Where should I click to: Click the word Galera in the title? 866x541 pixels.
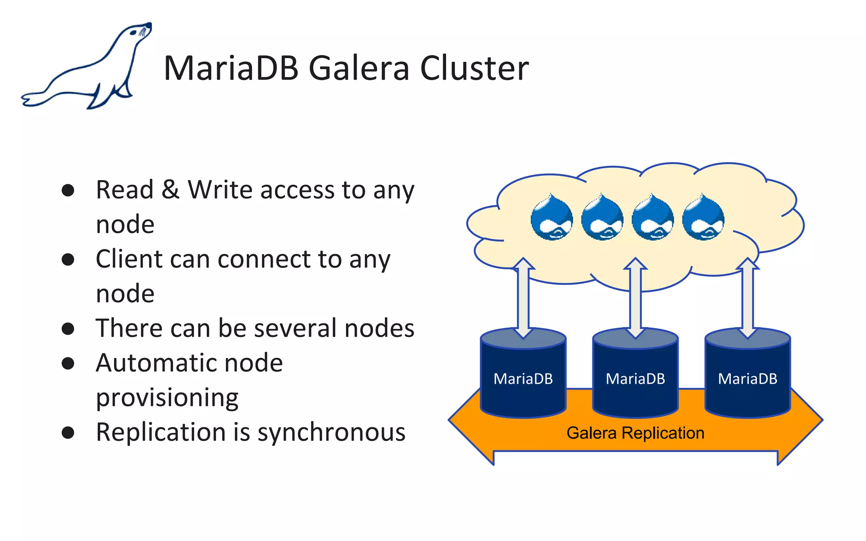click(x=359, y=68)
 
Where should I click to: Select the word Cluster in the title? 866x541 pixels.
click(x=474, y=68)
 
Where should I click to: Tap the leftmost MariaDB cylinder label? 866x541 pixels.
click(x=523, y=379)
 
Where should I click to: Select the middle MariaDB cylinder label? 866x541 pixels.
click(x=635, y=379)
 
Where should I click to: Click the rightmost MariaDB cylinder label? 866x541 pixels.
click(x=748, y=379)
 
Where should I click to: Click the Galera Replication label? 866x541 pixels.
click(x=635, y=433)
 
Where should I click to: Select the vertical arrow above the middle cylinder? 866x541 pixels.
click(x=635, y=298)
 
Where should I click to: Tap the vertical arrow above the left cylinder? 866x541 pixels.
click(x=523, y=298)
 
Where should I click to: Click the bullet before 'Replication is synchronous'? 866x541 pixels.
click(x=68, y=432)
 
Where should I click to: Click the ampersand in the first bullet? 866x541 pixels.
click(x=170, y=190)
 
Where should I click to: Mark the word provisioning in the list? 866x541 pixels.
click(x=167, y=398)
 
